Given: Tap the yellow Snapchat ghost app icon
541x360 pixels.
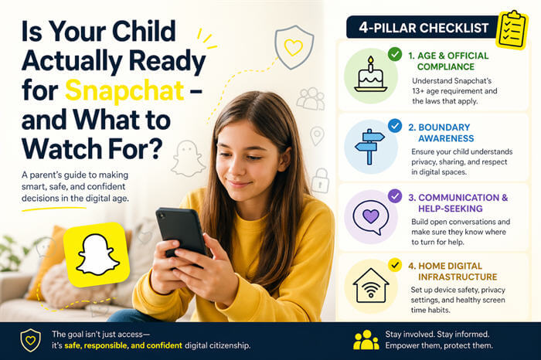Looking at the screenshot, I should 97,254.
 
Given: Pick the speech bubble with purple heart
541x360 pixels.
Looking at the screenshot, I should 370,214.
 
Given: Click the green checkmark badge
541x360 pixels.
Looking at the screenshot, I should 395,55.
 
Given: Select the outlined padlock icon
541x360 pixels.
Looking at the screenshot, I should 320,179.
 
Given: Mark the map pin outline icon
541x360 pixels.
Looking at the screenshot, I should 317,136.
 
